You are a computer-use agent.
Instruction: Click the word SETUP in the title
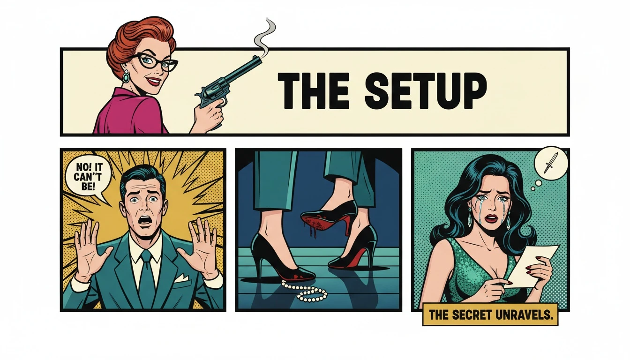pos(426,90)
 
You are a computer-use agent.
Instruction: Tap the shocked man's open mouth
pos(145,219)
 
